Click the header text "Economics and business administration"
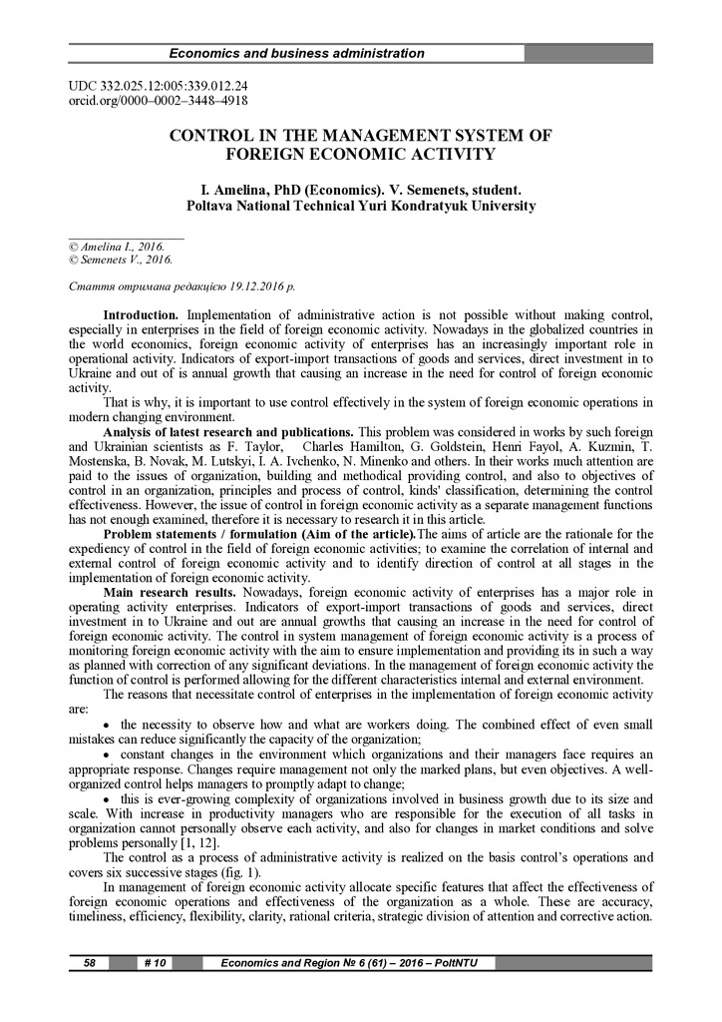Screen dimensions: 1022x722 [296, 53]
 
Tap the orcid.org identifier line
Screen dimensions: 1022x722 [157, 100]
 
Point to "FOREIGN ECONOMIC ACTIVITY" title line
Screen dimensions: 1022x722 [360, 154]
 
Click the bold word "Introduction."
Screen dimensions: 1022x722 [141, 315]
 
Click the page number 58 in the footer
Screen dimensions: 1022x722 [89, 963]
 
